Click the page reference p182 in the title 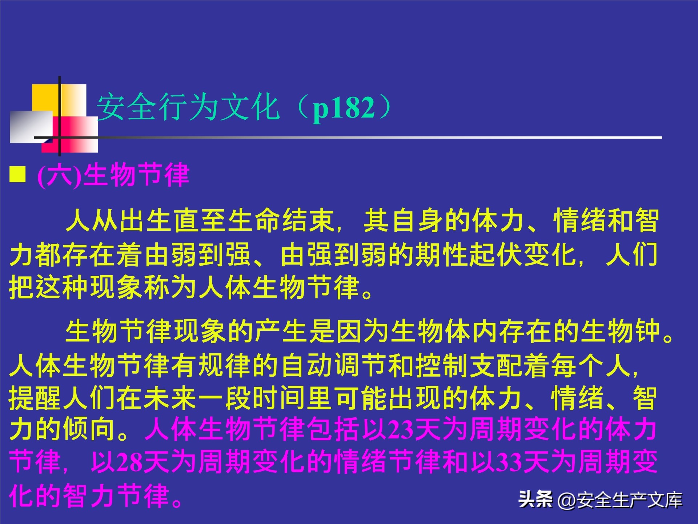(x=343, y=108)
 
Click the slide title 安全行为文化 (x=188, y=107)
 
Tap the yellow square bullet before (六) (x=17, y=174)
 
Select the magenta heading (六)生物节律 (x=113, y=175)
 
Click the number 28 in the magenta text (x=130, y=463)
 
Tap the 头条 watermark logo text (x=535, y=499)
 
